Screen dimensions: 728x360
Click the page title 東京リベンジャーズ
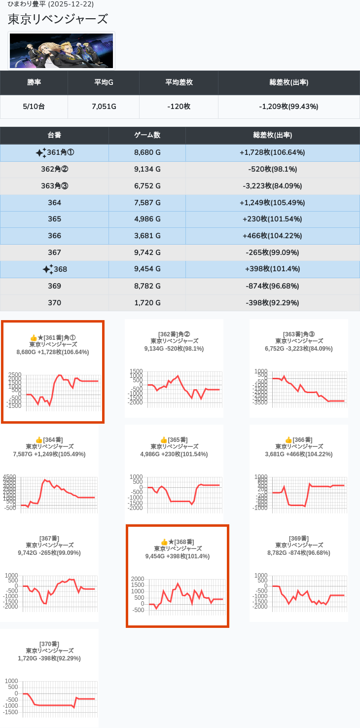58,20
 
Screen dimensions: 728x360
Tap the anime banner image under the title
61,50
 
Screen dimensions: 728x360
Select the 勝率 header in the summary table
34,82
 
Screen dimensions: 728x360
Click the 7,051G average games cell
104,107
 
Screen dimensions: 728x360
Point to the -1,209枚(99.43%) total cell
288,107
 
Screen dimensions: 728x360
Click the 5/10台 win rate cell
34,107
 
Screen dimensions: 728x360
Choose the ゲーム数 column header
147,135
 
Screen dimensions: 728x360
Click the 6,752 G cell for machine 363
147,186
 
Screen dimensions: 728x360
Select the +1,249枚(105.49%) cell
272,203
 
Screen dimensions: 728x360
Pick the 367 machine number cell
54,253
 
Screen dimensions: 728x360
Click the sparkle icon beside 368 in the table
47,269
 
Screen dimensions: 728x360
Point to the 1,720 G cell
147,303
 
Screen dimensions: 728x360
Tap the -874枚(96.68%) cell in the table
272,286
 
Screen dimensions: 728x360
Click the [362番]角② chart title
174,334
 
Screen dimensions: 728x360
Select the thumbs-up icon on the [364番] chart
39,439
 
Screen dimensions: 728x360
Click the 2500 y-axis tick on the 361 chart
15,375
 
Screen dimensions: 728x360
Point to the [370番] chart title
49,644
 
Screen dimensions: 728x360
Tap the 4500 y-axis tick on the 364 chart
9,477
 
